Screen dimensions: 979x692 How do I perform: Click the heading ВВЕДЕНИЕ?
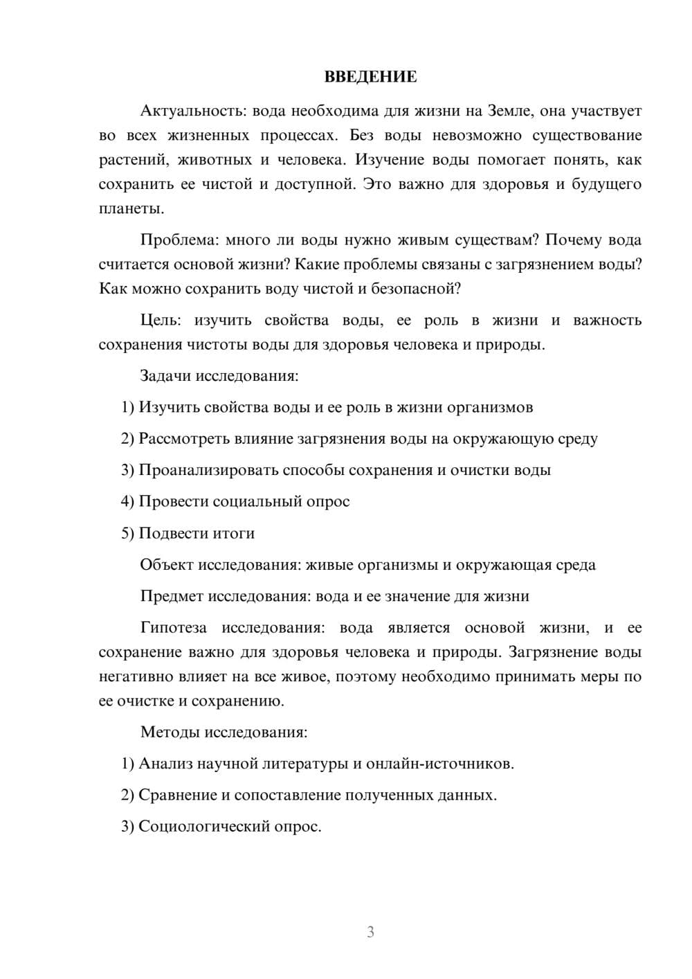pos(370,77)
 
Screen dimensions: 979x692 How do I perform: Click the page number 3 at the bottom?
pos(370,932)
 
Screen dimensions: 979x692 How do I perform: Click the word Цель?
pos(160,321)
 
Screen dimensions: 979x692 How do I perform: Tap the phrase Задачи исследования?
pos(219,376)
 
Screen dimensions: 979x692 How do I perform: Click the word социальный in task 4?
pos(257,501)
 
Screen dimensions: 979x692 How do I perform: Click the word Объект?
pos(167,565)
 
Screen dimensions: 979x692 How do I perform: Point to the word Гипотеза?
pos(173,628)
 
